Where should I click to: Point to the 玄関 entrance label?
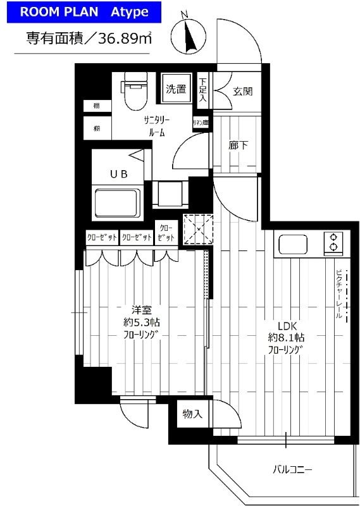[242, 91]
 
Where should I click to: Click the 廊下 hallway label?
[238, 145]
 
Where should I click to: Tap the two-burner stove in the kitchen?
[332, 243]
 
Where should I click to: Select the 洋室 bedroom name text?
[141, 310]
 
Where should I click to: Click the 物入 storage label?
[192, 414]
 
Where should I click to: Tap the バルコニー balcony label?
[293, 469]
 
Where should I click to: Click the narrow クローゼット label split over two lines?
[166, 233]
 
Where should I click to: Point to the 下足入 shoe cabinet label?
[202, 90]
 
